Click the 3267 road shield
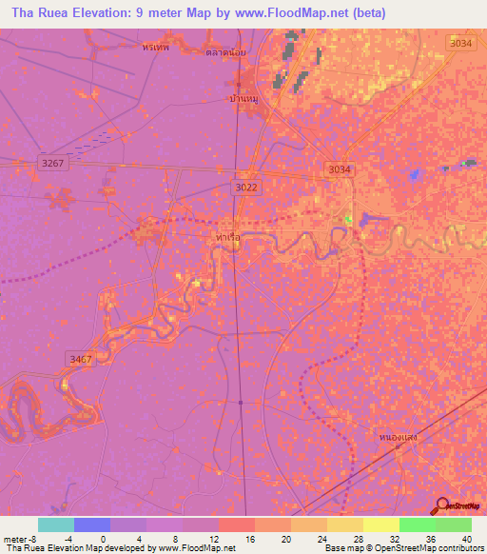53,164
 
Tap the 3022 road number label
245,188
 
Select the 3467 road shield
81,358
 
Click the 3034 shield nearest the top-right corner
460,44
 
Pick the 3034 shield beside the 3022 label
339,169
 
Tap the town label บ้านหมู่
244,97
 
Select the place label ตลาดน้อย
225,52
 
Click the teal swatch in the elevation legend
56,524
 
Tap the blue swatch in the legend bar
92,524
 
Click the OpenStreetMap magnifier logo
441,506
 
